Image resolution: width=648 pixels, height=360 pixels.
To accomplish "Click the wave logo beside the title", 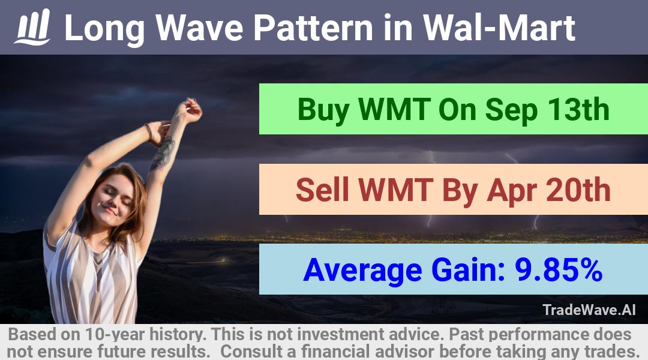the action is click(x=32, y=27).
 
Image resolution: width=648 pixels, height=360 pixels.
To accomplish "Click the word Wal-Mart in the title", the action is click(x=499, y=28).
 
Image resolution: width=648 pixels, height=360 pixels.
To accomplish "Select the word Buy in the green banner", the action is click(x=323, y=110).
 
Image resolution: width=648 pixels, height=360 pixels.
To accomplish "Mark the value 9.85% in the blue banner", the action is click(x=559, y=269).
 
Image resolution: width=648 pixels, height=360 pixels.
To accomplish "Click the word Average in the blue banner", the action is click(x=362, y=271).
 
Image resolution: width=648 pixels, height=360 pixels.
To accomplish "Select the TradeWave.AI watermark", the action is click(x=589, y=310).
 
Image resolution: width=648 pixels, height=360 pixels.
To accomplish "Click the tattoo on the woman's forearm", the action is click(x=164, y=153).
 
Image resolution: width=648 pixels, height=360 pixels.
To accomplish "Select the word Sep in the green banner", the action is click(x=512, y=110).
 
